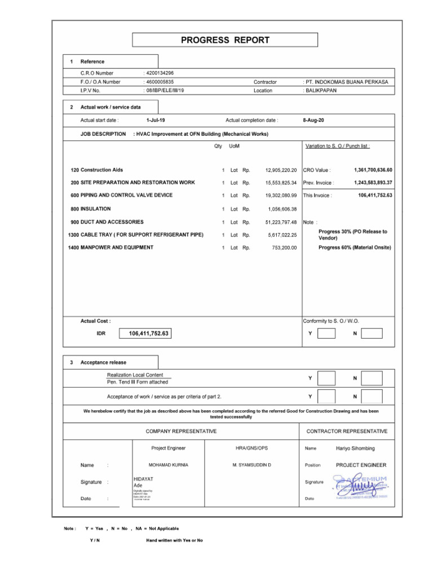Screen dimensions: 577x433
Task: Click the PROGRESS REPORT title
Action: [x=225, y=40]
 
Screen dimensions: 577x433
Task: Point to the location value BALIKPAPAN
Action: [x=321, y=90]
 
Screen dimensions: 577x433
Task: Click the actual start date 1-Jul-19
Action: [x=156, y=120]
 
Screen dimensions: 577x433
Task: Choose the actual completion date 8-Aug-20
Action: [x=313, y=120]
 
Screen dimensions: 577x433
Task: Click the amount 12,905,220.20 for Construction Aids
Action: [x=281, y=170]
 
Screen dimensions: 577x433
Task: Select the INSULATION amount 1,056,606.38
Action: [x=282, y=209]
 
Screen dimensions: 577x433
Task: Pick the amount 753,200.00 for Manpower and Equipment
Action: [x=284, y=247]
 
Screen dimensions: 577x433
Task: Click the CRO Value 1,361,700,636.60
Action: [x=373, y=170]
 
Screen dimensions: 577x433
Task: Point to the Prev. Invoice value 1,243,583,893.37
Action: [x=373, y=183]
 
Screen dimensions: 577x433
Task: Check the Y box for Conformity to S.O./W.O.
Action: [x=326, y=334]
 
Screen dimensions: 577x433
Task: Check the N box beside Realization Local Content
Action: [x=372, y=378]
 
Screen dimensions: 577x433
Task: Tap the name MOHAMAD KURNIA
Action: [x=168, y=465]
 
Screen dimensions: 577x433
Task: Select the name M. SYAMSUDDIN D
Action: [x=251, y=465]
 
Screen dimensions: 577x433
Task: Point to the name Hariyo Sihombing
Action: [x=355, y=449]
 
